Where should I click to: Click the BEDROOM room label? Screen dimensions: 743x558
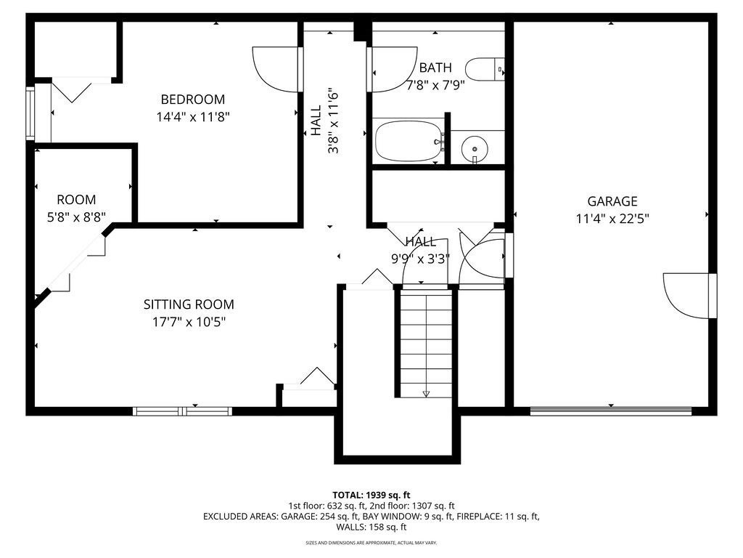[193, 99]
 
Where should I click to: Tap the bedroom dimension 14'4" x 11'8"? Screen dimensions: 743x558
[193, 117]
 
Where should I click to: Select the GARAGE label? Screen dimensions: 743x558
[612, 201]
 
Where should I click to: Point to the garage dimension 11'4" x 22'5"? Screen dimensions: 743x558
[612, 219]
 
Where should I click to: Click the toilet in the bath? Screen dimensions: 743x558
[484, 69]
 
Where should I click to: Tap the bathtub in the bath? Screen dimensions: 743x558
[408, 141]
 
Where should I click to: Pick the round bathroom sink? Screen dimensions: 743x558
[475, 148]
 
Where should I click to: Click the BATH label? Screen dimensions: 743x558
[435, 68]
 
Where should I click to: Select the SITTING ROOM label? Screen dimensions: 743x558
[189, 304]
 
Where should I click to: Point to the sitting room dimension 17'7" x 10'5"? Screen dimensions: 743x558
[189, 322]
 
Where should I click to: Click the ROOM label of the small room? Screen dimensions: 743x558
[76, 199]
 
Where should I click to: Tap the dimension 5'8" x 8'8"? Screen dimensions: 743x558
[76, 217]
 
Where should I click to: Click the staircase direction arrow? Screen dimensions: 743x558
[425, 393]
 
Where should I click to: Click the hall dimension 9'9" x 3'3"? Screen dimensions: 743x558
[420, 259]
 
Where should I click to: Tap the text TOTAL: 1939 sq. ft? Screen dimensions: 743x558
[371, 496]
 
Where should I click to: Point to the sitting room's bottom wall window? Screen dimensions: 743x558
[182, 411]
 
